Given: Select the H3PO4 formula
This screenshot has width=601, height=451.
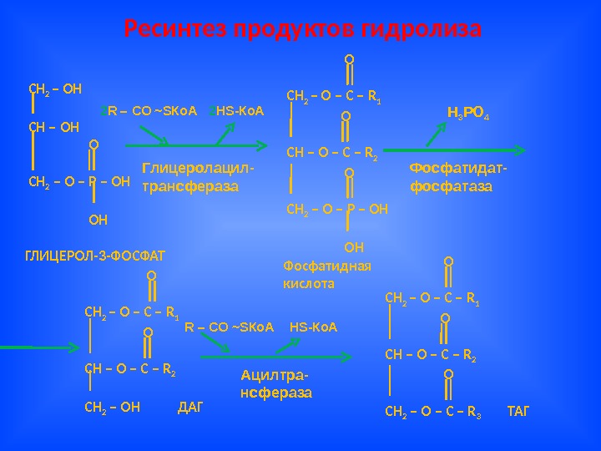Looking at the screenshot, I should tap(468, 112).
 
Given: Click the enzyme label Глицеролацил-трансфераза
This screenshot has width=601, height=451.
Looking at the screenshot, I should tap(197, 178).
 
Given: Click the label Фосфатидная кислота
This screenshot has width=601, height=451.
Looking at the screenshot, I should tap(327, 275).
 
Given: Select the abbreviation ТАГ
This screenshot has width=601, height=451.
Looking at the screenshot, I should tap(518, 412).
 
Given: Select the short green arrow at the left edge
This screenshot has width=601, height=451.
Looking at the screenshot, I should tap(17, 345).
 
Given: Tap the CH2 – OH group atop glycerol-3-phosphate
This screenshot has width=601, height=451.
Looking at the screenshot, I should tap(49, 86).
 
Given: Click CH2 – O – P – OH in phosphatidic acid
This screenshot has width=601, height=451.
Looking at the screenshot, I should tap(337, 209).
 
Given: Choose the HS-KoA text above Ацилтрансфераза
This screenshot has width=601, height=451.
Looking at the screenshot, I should tap(313, 327).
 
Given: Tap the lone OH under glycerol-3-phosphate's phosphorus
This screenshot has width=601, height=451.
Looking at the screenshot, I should tap(98, 220).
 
